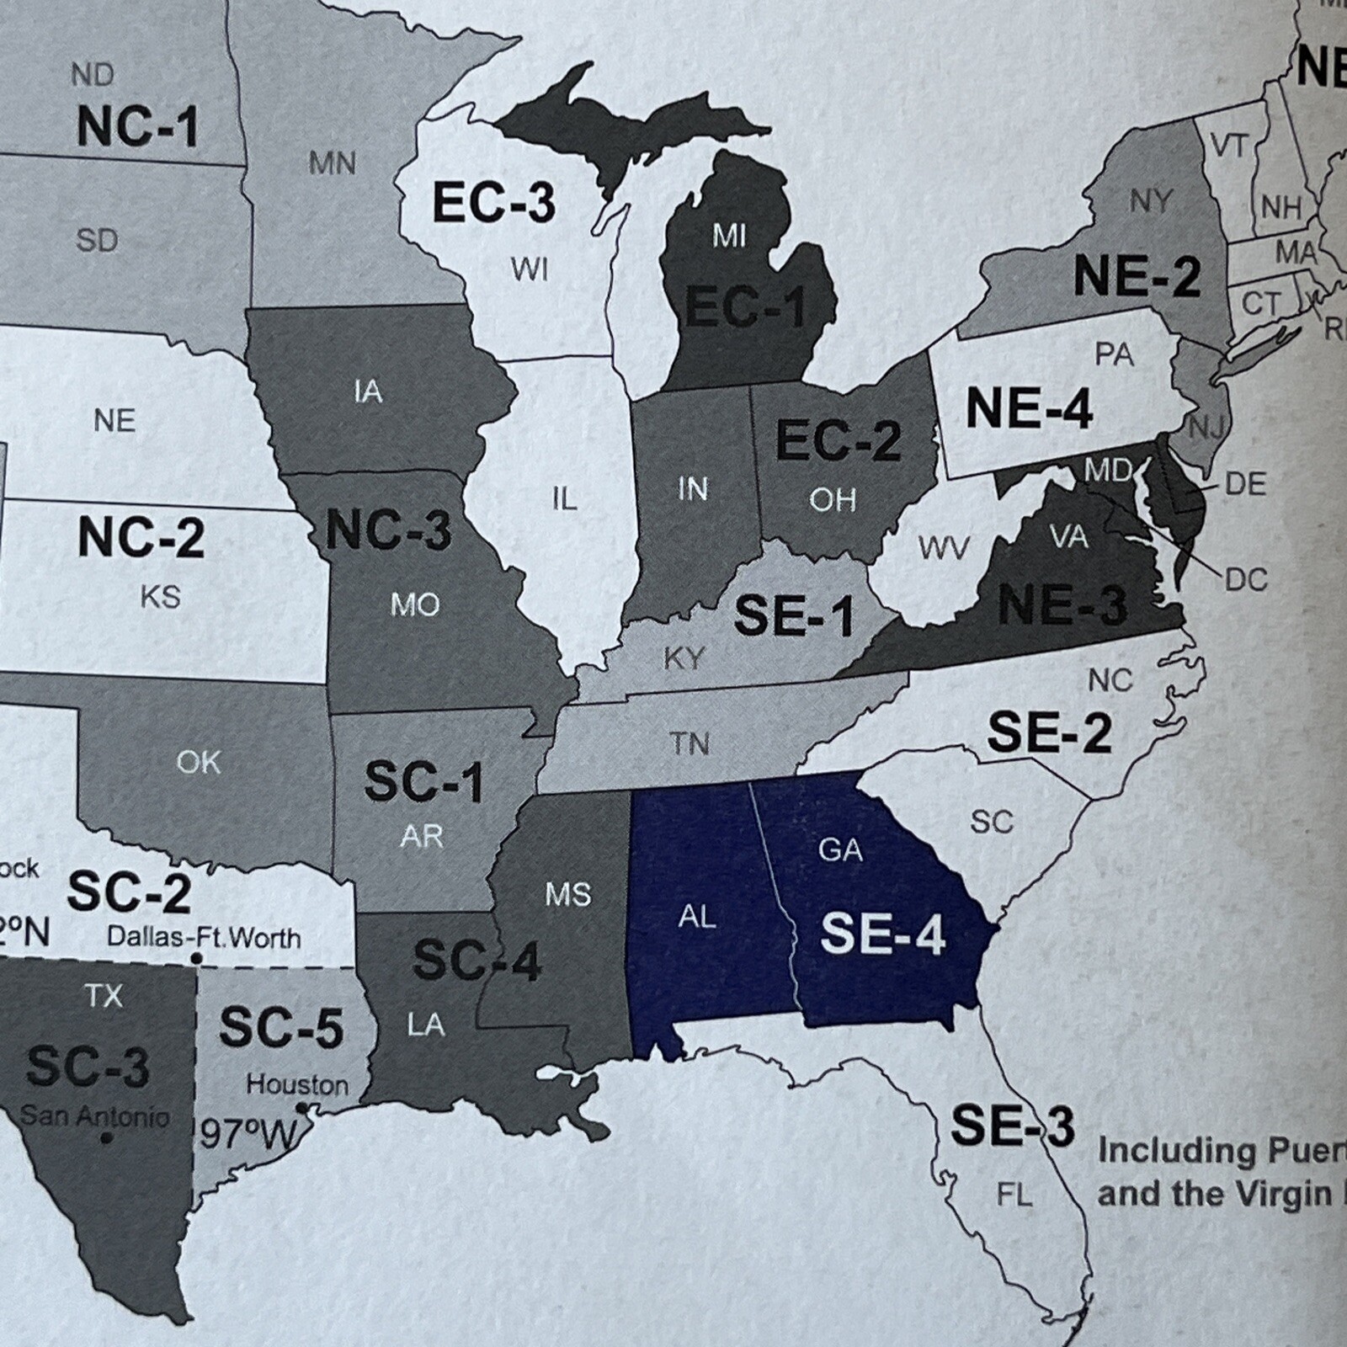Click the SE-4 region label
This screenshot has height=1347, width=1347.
[882, 935]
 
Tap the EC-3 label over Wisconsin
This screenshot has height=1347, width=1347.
[493, 203]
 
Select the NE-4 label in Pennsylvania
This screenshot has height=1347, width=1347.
[1028, 409]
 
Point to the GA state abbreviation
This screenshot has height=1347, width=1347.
[840, 850]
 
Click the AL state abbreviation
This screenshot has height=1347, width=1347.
[697, 917]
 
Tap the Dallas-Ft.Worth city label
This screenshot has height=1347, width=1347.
[204, 937]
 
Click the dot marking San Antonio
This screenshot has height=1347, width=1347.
[106, 1138]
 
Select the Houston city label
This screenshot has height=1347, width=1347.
[296, 1085]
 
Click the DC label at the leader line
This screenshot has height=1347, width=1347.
[1246, 579]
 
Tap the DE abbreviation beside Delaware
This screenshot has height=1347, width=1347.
[1245, 484]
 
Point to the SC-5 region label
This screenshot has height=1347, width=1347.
[281, 1028]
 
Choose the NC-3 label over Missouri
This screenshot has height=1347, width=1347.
[388, 531]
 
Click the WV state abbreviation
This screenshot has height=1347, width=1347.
[943, 548]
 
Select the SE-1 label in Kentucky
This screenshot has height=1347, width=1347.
[794, 615]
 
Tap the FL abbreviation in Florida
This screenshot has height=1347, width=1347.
[1014, 1195]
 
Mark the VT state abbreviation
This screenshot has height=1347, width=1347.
[1228, 146]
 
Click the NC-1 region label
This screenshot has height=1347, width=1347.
[137, 127]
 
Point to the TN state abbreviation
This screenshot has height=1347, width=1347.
[689, 743]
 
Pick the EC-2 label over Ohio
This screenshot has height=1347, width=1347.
[838, 441]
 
